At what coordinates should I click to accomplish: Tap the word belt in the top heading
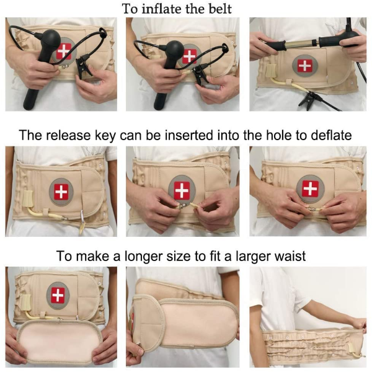220,9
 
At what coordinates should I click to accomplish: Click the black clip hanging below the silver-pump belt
308,100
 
